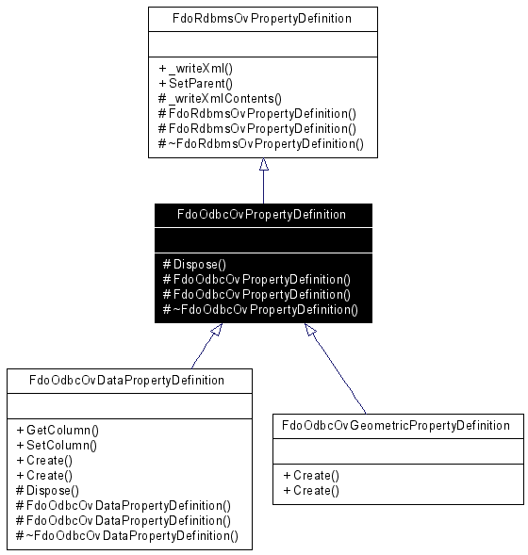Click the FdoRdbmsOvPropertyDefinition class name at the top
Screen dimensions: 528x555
[262, 19]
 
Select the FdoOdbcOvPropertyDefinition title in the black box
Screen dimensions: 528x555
[261, 215]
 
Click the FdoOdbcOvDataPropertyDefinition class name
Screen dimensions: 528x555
[126, 380]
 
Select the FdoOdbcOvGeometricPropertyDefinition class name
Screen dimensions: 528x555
[396, 426]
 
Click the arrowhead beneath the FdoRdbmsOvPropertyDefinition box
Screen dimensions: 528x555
[263, 164]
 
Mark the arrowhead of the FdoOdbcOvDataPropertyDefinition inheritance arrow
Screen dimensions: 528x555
[217, 330]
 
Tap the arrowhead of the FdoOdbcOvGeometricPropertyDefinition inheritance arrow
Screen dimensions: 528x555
[310, 330]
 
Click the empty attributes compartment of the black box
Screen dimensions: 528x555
[263, 240]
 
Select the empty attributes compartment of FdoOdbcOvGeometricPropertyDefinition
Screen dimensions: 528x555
[398, 451]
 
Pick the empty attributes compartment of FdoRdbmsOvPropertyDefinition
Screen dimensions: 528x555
[263, 44]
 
